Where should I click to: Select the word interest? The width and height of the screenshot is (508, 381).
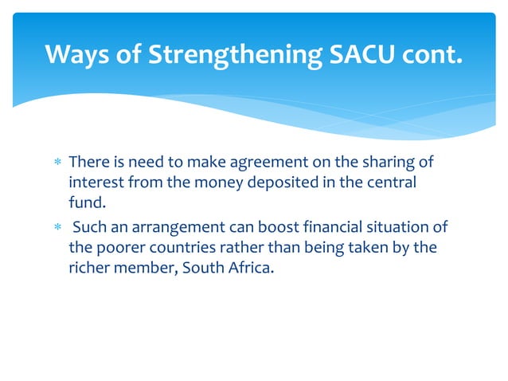tap(94, 183)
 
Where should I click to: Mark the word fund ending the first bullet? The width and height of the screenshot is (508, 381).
tap(83, 202)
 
